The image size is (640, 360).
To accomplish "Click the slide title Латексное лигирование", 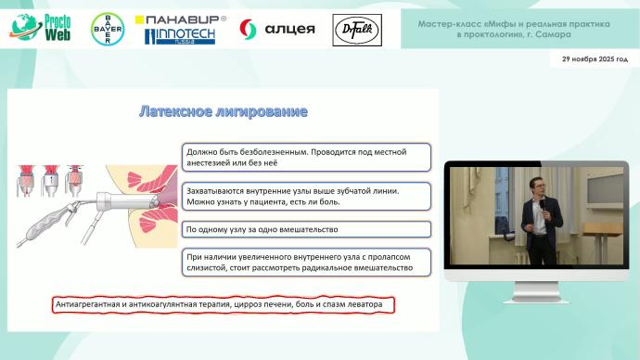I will tap(223, 111).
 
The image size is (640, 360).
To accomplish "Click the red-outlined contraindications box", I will tap(223, 304).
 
